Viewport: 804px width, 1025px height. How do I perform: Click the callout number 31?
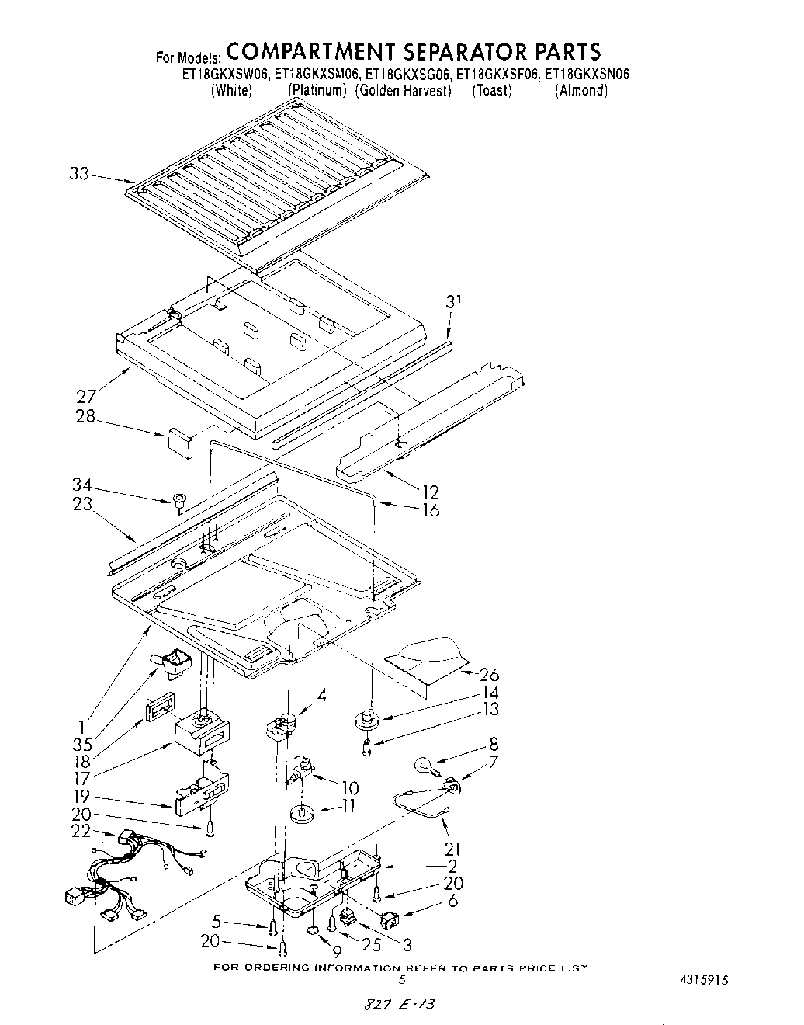(453, 302)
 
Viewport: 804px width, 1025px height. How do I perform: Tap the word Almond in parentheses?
(580, 91)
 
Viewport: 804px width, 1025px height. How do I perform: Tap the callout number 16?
(429, 510)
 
